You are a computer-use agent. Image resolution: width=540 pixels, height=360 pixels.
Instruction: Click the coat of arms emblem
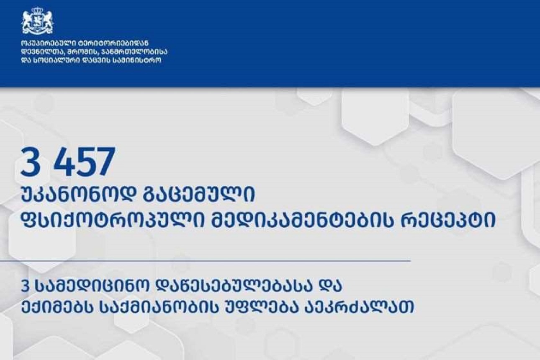(x=37, y=21)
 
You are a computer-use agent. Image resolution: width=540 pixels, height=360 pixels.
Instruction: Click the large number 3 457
(x=68, y=162)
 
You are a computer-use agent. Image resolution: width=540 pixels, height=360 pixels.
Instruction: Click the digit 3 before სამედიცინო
(x=25, y=287)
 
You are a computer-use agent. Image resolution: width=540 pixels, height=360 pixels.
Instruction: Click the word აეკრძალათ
(x=357, y=307)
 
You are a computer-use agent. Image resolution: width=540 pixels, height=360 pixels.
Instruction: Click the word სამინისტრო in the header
(x=137, y=60)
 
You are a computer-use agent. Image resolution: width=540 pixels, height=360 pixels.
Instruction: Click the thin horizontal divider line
(x=205, y=261)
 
